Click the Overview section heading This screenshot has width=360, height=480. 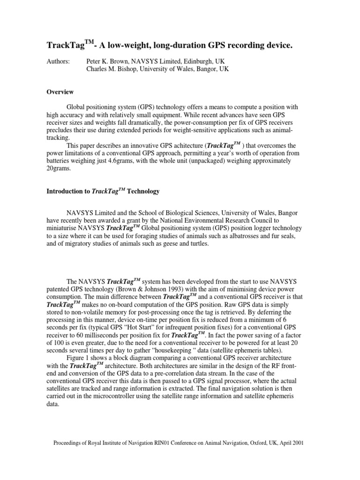pos(60,92)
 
